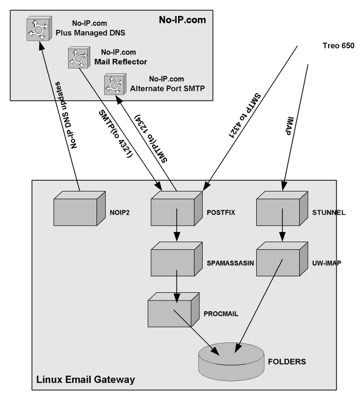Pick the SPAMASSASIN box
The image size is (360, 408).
tap(173, 259)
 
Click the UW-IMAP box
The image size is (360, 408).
tap(279, 259)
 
